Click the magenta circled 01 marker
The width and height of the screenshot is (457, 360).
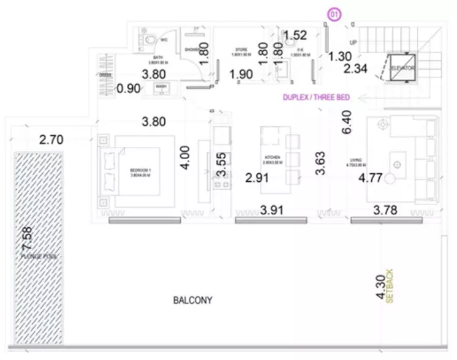334,14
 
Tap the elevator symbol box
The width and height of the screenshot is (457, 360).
403,67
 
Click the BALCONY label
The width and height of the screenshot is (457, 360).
192,301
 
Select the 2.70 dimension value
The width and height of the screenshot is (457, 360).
51,140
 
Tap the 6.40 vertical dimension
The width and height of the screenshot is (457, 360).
347,122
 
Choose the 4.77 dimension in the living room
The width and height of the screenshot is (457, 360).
371,179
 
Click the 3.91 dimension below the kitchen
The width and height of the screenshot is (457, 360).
271,211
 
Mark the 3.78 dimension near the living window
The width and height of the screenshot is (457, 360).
386,211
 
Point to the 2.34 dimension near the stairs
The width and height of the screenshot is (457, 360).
356,69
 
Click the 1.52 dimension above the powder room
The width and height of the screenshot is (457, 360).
295,36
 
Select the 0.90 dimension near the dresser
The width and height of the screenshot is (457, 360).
128,89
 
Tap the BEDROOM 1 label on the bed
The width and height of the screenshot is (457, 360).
137,170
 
